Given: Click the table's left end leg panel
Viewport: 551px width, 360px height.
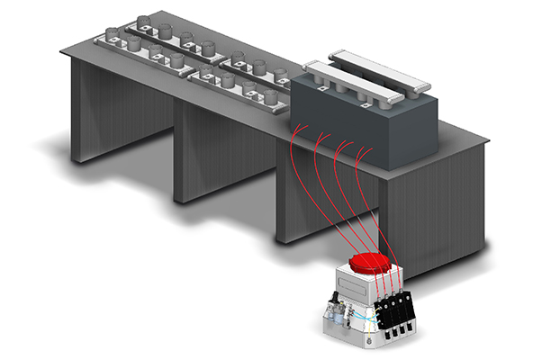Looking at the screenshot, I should point(95,117).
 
